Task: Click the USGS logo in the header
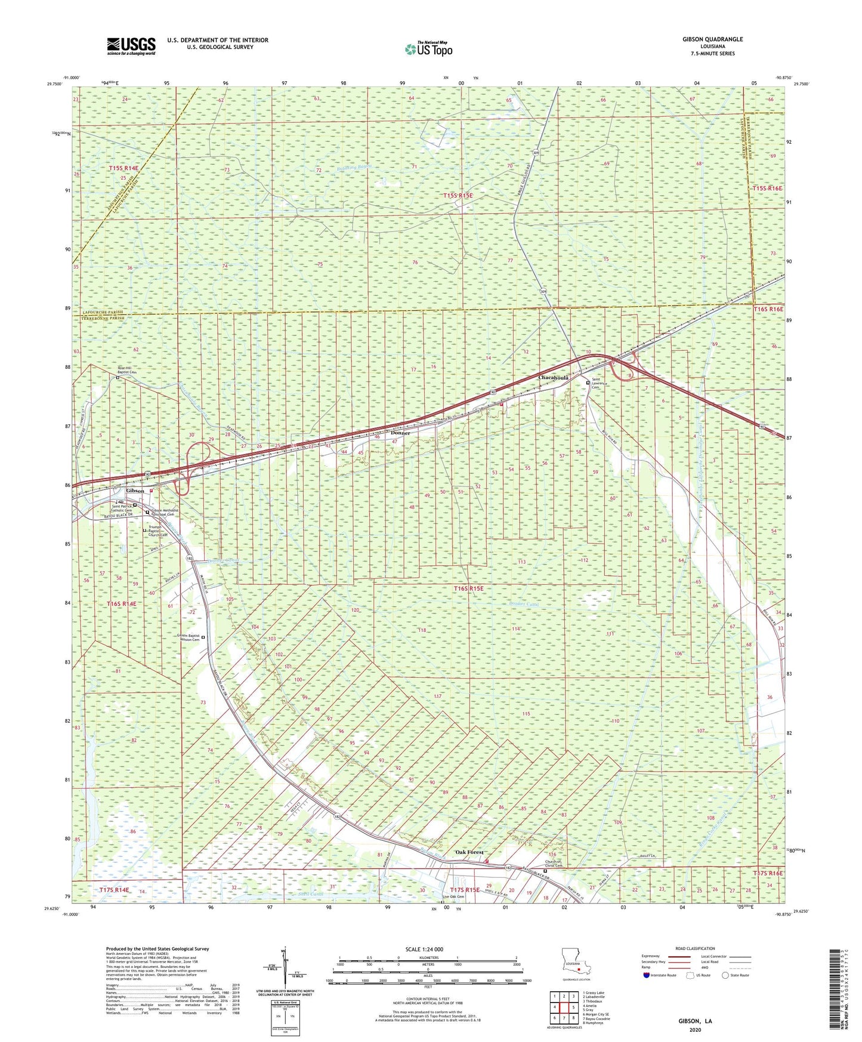[131, 45]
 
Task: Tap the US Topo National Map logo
[428, 49]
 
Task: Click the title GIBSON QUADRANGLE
[712, 39]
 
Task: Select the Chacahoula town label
[554, 378]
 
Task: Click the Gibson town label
[135, 491]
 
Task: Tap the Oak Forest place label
[469, 852]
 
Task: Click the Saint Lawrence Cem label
[604, 385]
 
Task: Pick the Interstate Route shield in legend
[647, 975]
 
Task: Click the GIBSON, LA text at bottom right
[694, 1021]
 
